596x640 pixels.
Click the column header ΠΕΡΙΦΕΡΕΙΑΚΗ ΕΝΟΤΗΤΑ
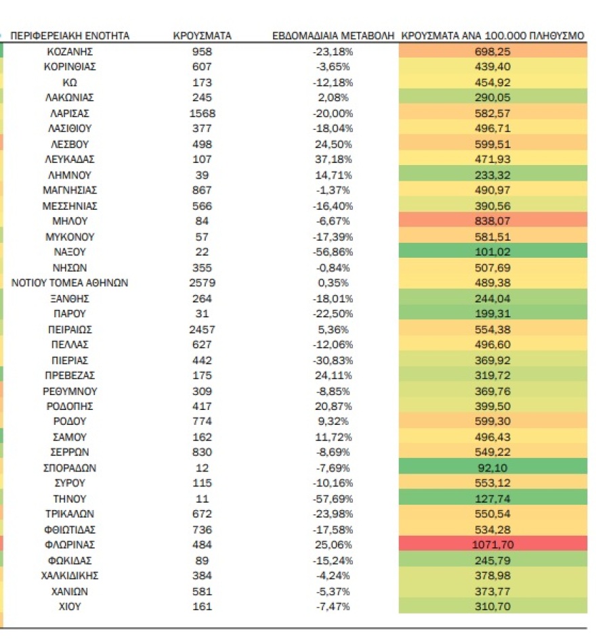pos(70,35)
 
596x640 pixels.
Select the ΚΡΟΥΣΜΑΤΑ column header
pos(202,35)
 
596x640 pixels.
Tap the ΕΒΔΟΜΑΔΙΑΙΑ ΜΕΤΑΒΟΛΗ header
pos(333,35)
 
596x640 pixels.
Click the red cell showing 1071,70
pos(492,545)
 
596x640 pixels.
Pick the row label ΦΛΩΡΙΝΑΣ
pos(70,545)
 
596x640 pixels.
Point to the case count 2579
pos(202,283)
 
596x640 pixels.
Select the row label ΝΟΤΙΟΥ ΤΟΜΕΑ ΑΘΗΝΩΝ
pos(70,283)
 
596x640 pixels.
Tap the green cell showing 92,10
pos(492,467)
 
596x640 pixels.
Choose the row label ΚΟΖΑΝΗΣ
pos(70,51)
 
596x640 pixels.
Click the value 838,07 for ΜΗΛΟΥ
pos(492,221)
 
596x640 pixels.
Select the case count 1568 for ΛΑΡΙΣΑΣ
pos(202,113)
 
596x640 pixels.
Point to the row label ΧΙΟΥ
pos(70,606)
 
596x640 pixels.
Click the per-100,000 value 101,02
pos(492,252)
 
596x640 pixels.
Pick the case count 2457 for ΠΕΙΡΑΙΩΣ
pos(202,329)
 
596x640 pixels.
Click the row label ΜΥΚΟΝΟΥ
pos(70,236)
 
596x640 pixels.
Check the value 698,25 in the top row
pos(492,51)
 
